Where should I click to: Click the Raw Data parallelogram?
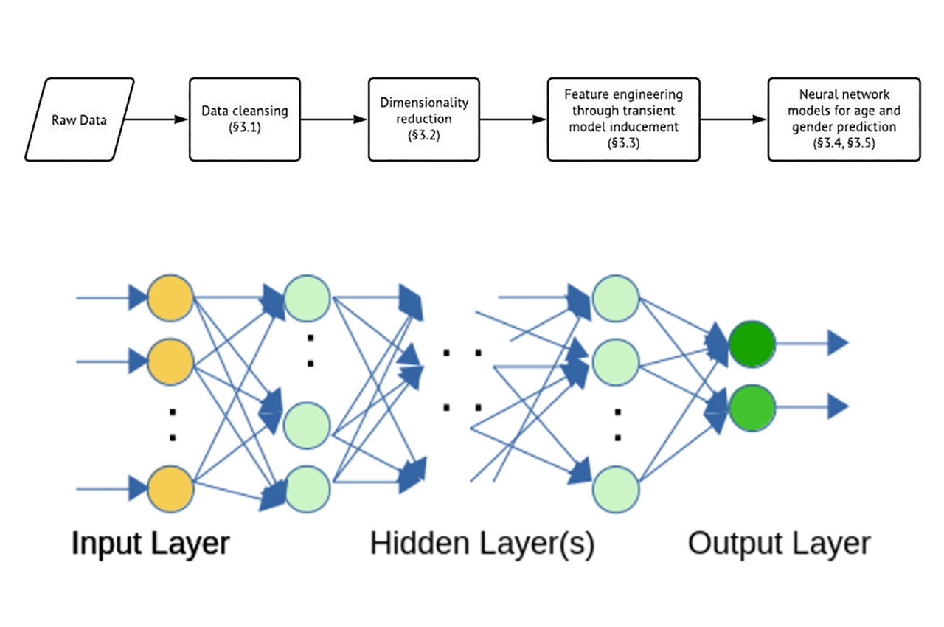(x=80, y=119)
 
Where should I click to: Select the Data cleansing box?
(x=244, y=119)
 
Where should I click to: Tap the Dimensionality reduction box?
(x=423, y=119)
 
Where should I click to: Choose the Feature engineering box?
(x=623, y=119)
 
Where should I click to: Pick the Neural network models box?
(x=844, y=119)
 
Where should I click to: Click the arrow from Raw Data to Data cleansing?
(x=159, y=119)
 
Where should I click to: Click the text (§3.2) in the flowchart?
(x=423, y=136)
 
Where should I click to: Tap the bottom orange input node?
(x=170, y=488)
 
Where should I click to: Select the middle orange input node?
(x=170, y=361)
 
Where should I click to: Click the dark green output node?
(x=752, y=344)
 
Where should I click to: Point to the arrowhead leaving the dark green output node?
(x=837, y=343)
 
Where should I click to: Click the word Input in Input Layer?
(x=105, y=544)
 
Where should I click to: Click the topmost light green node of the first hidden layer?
(x=307, y=299)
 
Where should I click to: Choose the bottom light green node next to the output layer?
(x=615, y=488)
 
